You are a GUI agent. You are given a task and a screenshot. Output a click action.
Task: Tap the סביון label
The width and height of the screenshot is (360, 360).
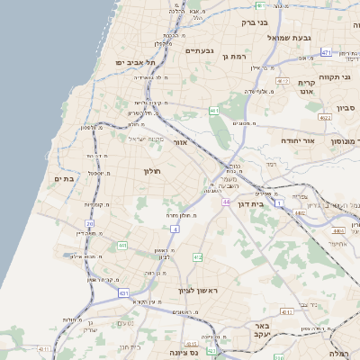click(347, 108)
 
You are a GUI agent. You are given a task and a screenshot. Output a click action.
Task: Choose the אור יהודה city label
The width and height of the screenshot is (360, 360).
click(319, 141)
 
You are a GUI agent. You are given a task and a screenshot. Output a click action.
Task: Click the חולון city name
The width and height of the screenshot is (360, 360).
click(151, 170)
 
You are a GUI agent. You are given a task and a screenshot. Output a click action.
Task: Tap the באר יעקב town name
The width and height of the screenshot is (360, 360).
click(262, 330)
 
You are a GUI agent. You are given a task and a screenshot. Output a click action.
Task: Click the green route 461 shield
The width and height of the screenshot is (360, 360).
click(213, 111)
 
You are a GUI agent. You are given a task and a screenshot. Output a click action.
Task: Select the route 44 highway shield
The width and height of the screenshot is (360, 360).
click(225, 204)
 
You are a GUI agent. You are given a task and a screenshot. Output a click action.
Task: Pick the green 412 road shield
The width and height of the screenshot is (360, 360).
click(197, 257)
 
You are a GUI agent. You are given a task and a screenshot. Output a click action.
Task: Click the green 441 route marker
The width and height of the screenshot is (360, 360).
click(121, 244)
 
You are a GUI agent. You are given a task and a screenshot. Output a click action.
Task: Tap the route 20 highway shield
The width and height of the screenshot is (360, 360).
click(90, 224)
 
